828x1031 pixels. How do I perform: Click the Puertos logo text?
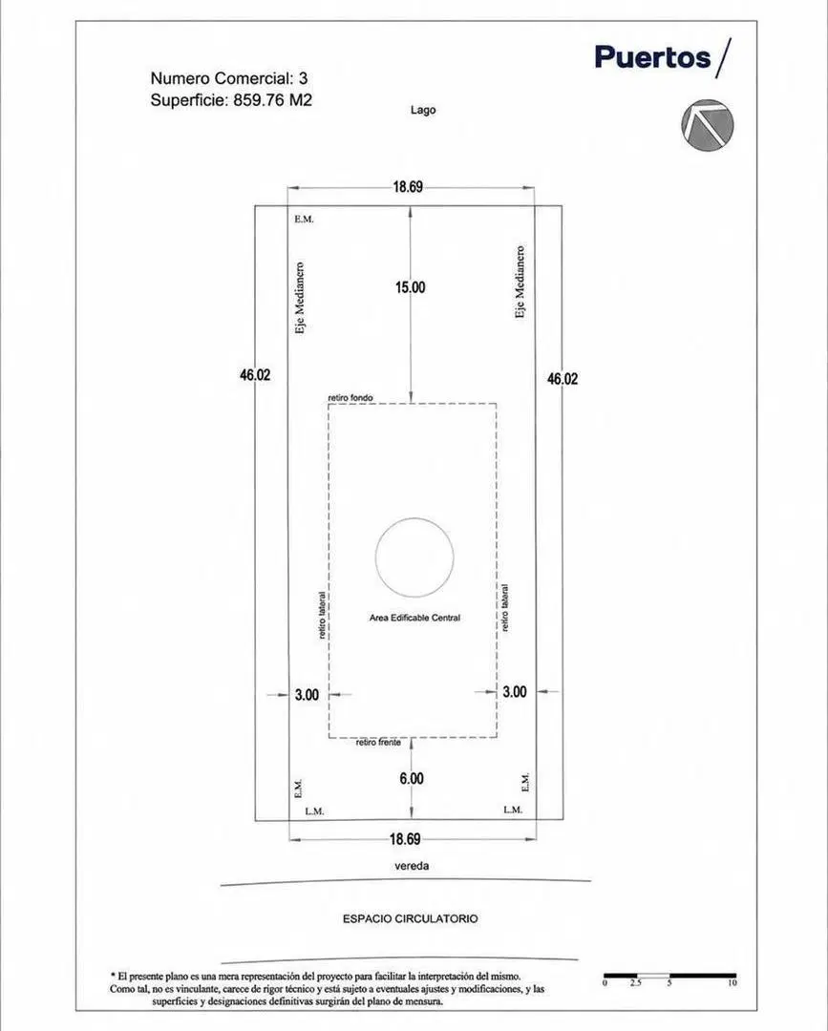pos(652,57)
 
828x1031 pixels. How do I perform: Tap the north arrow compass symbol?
pos(707,124)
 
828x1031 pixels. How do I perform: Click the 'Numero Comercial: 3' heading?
pos(229,78)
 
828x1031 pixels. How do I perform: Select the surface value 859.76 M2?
pos(272,100)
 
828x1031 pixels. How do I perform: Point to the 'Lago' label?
pos(423,110)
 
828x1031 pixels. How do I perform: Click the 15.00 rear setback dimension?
pos(411,287)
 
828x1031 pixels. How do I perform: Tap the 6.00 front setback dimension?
pos(411,779)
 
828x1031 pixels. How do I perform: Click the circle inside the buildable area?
pos(414,518)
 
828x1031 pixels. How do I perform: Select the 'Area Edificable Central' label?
pos(415,618)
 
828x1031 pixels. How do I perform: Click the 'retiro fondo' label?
pos(350,398)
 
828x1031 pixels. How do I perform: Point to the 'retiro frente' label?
pos(378,743)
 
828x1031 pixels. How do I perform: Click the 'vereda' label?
pos(412,866)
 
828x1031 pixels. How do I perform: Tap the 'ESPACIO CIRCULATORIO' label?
pos(411,918)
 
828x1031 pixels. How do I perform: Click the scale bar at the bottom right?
pos(670,976)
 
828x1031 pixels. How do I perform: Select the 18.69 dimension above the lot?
pos(408,187)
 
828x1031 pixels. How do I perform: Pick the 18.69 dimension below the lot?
pos(405,839)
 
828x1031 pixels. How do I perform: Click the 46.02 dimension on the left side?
pos(255,375)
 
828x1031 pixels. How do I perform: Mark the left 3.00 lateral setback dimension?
pos(307,695)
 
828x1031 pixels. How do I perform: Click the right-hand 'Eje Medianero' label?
pos(520,283)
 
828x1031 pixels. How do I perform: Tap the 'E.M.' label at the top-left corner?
pos(304,219)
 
